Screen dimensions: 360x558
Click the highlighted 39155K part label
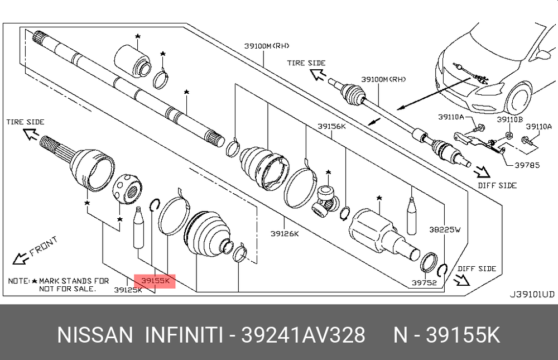pyautogui.click(x=155, y=281)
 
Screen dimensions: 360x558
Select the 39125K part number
pyautogui.click(x=128, y=290)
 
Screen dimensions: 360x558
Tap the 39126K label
pyautogui.click(x=285, y=234)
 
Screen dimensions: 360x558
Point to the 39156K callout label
pyautogui.click(x=332, y=126)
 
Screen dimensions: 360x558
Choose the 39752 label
pyautogui.click(x=424, y=283)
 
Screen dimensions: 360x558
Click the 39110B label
pyautogui.click(x=510, y=119)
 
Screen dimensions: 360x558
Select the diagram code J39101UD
pyautogui.click(x=532, y=294)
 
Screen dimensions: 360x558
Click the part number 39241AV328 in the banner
pyautogui.click(x=303, y=335)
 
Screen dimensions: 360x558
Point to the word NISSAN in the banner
pyautogui.click(x=95, y=335)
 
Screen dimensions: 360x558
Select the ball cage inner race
pyautogui.click(x=128, y=189)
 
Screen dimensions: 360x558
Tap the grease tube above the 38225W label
pyautogui.click(x=412, y=216)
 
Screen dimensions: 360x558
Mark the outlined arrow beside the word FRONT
pyautogui.click(x=21, y=258)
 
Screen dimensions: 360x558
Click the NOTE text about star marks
pyautogui.click(x=59, y=285)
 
